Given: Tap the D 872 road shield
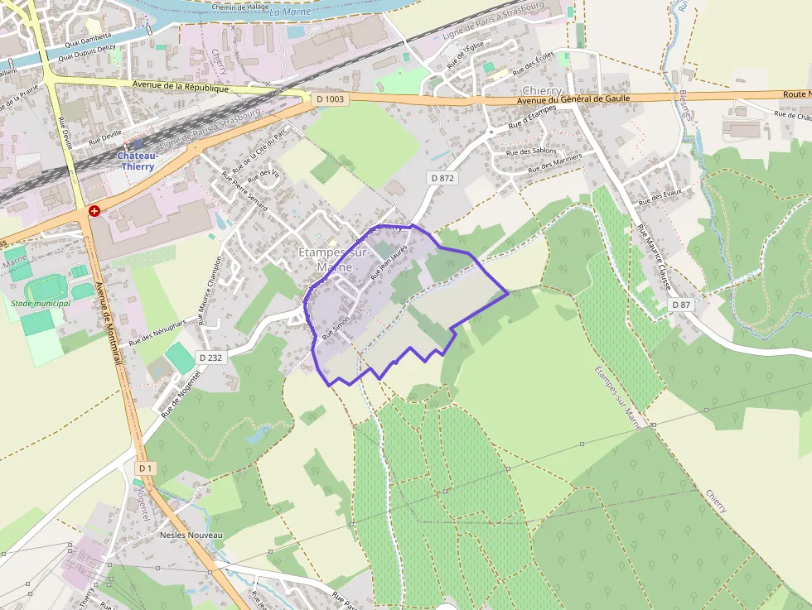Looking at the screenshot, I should [x=443, y=178].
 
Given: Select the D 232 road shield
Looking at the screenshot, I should [x=211, y=357].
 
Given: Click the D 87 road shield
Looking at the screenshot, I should [x=681, y=305].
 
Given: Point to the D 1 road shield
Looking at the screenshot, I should [x=145, y=468].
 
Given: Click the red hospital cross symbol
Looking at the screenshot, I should [x=94, y=211].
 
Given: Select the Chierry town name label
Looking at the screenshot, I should [x=542, y=90].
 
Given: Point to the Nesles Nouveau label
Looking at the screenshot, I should [x=191, y=536].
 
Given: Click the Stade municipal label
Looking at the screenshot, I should [x=41, y=303].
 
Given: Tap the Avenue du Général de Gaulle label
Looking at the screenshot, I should [x=573, y=98].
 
